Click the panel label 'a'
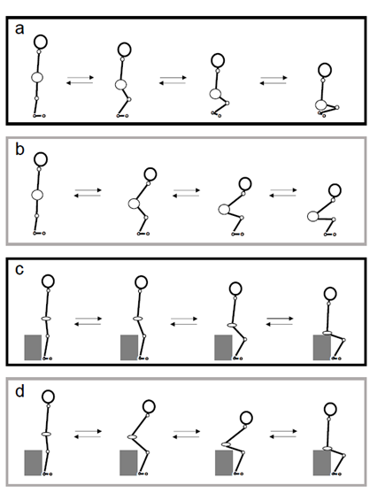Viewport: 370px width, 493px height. coord(19,29)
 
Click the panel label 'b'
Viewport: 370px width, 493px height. coord(19,149)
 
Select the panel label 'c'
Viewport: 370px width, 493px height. coord(19,270)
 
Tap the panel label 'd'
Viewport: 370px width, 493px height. coord(19,391)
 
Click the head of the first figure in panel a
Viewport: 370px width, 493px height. coord(41,42)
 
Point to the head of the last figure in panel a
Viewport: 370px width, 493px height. coord(324,70)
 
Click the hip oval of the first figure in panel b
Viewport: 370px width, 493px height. coord(37,195)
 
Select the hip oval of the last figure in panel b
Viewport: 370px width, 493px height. coord(312,216)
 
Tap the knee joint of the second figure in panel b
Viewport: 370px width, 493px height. coord(146,217)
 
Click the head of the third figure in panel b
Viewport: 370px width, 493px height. coord(245,184)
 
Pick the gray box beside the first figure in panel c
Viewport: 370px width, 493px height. coord(33,348)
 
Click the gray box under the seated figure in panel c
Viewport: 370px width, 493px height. coord(321,348)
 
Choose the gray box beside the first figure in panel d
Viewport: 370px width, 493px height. coord(33,463)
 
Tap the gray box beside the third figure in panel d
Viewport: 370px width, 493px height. coord(224,463)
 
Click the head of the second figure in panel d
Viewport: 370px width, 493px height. coord(149,406)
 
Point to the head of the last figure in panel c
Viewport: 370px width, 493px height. coord(330,294)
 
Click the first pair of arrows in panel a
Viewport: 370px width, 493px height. coord(81,81)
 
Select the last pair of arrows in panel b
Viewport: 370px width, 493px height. coord(283,193)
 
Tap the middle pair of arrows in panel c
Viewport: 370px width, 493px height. coord(184,321)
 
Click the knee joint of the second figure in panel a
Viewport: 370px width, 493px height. coord(129,99)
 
